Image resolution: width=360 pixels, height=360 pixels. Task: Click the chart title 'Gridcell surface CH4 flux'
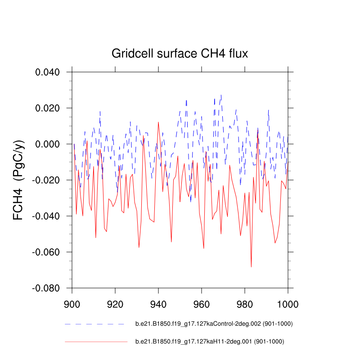tap(180, 54)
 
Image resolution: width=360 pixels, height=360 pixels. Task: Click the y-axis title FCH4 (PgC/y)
tap(19, 180)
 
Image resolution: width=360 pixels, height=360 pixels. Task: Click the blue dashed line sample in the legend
tap(94, 324)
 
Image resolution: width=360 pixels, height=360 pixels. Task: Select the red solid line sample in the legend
tap(96, 342)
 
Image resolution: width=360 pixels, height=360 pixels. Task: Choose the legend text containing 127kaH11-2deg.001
tap(210, 342)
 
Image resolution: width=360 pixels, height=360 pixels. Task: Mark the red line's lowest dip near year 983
tap(251, 266)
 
